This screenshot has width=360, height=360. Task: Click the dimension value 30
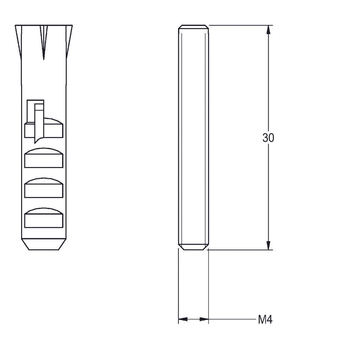(x=268, y=138)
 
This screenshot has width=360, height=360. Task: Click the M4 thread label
(x=265, y=320)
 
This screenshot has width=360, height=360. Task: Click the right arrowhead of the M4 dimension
(x=204, y=319)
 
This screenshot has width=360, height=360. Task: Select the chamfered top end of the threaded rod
(x=193, y=27)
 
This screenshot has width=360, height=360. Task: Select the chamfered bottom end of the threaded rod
(x=193, y=247)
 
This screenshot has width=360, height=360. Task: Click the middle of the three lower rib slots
(x=44, y=188)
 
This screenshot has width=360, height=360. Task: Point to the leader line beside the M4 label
(x=232, y=319)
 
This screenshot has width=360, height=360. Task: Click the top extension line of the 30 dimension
(x=239, y=25)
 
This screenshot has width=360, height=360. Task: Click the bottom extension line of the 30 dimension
(x=239, y=250)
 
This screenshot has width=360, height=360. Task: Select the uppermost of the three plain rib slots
(x=44, y=158)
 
